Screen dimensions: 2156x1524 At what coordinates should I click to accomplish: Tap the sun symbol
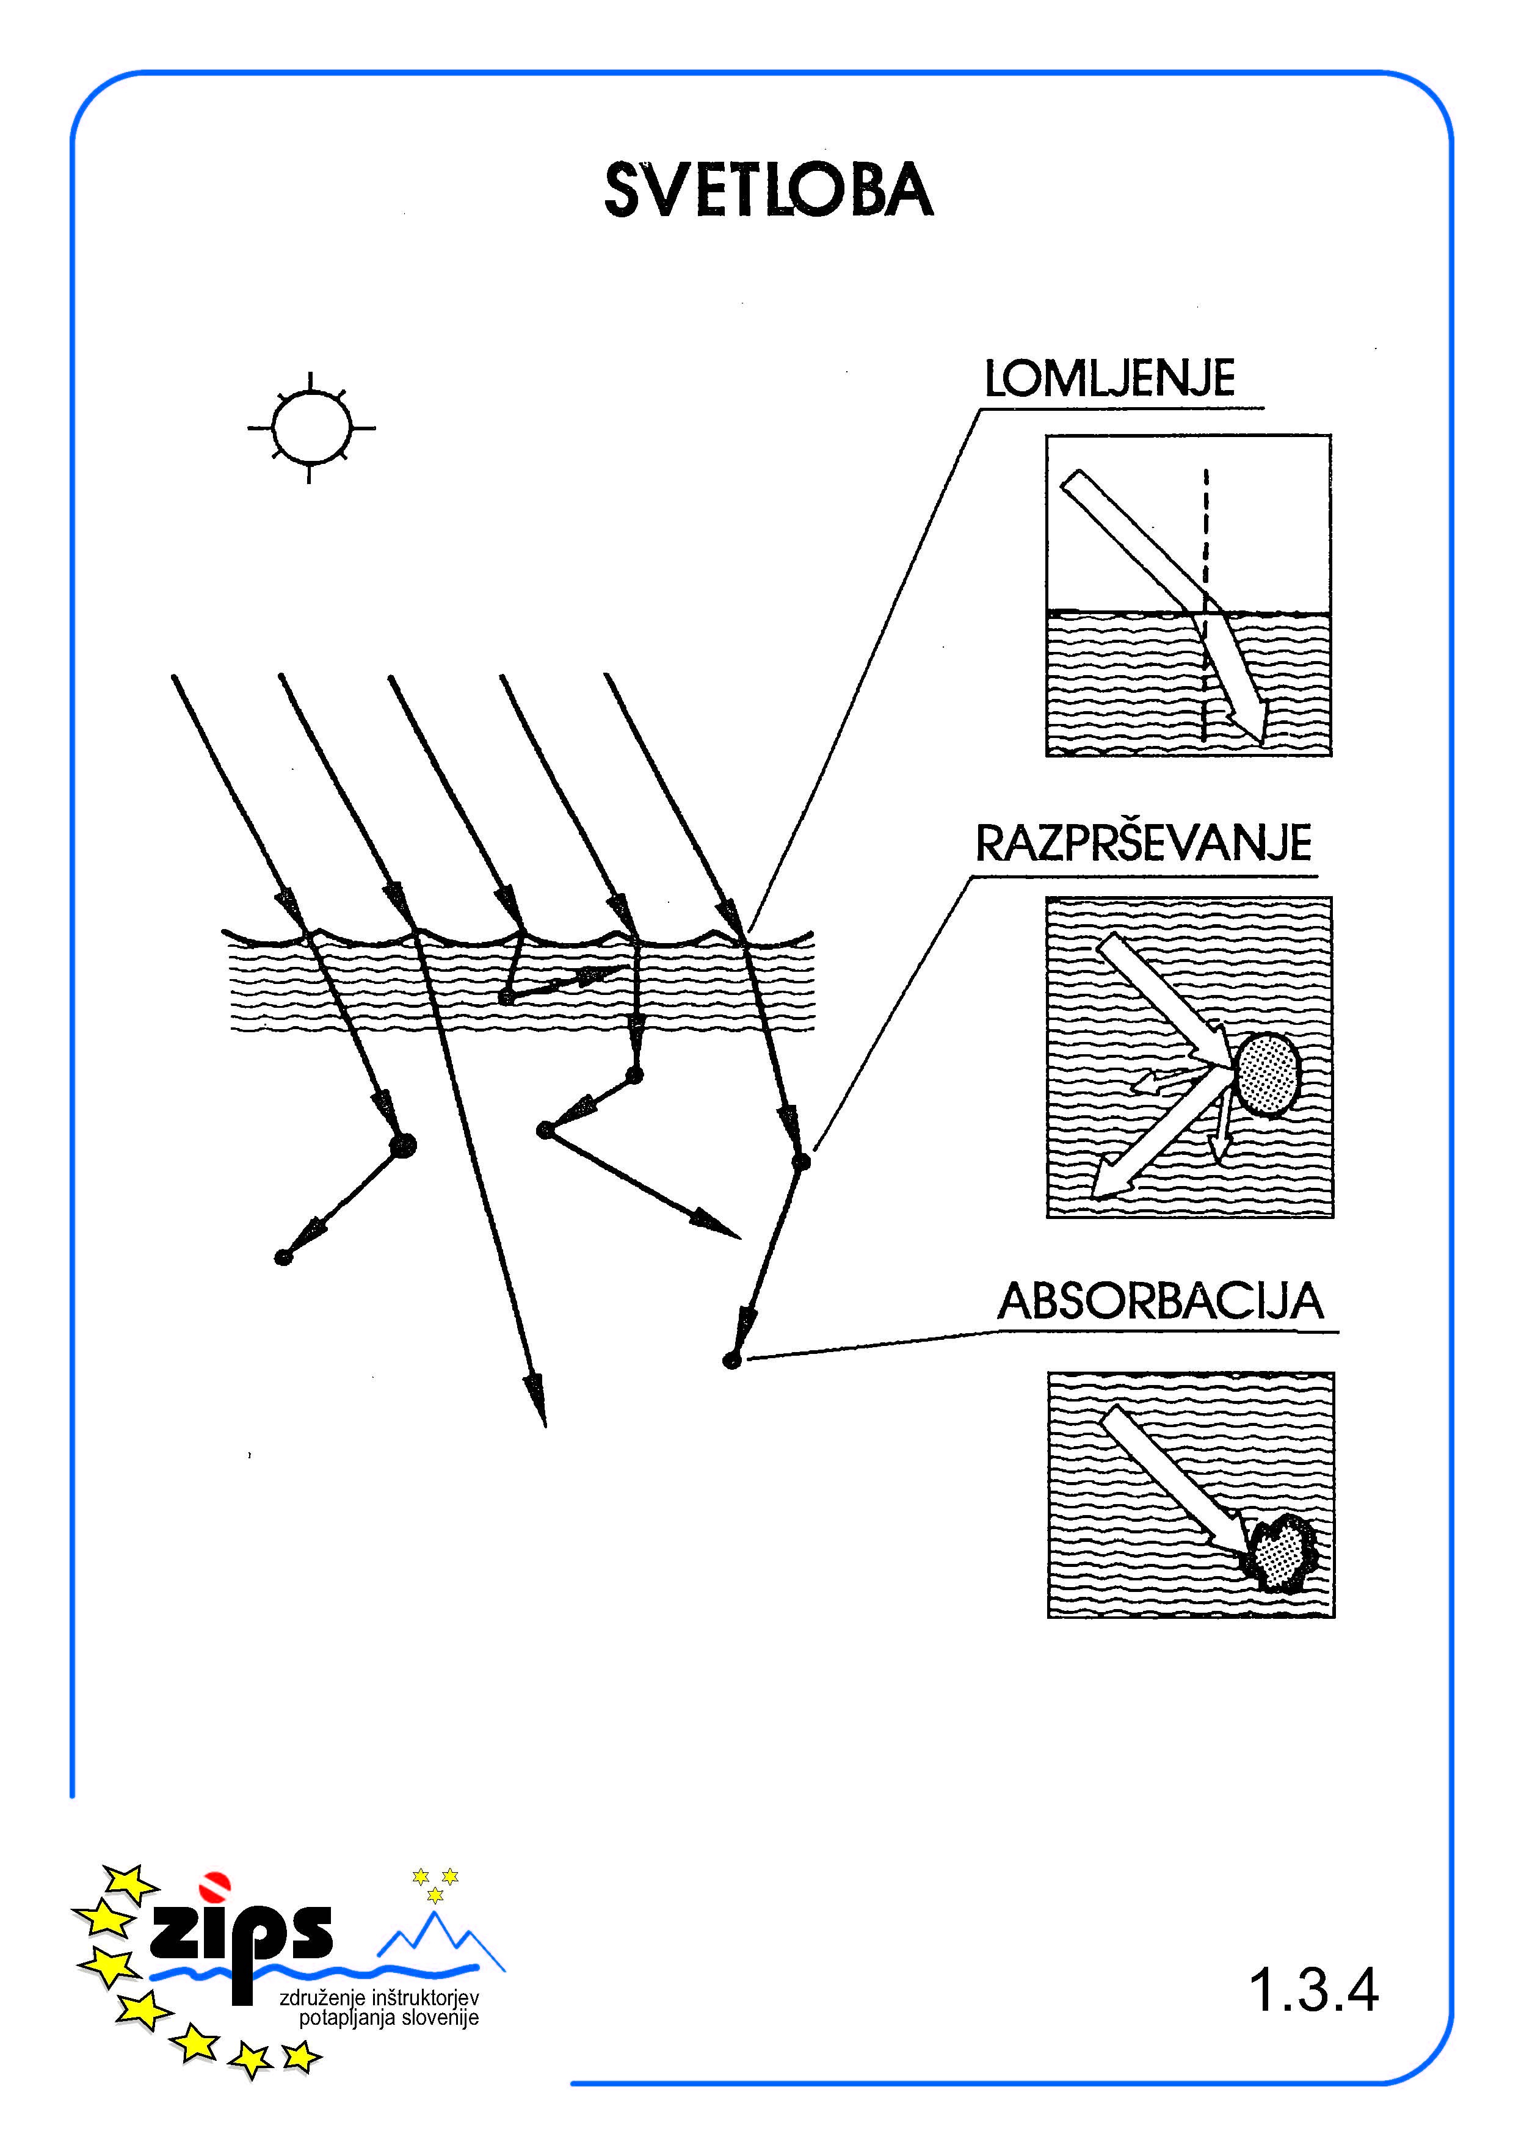(311, 427)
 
